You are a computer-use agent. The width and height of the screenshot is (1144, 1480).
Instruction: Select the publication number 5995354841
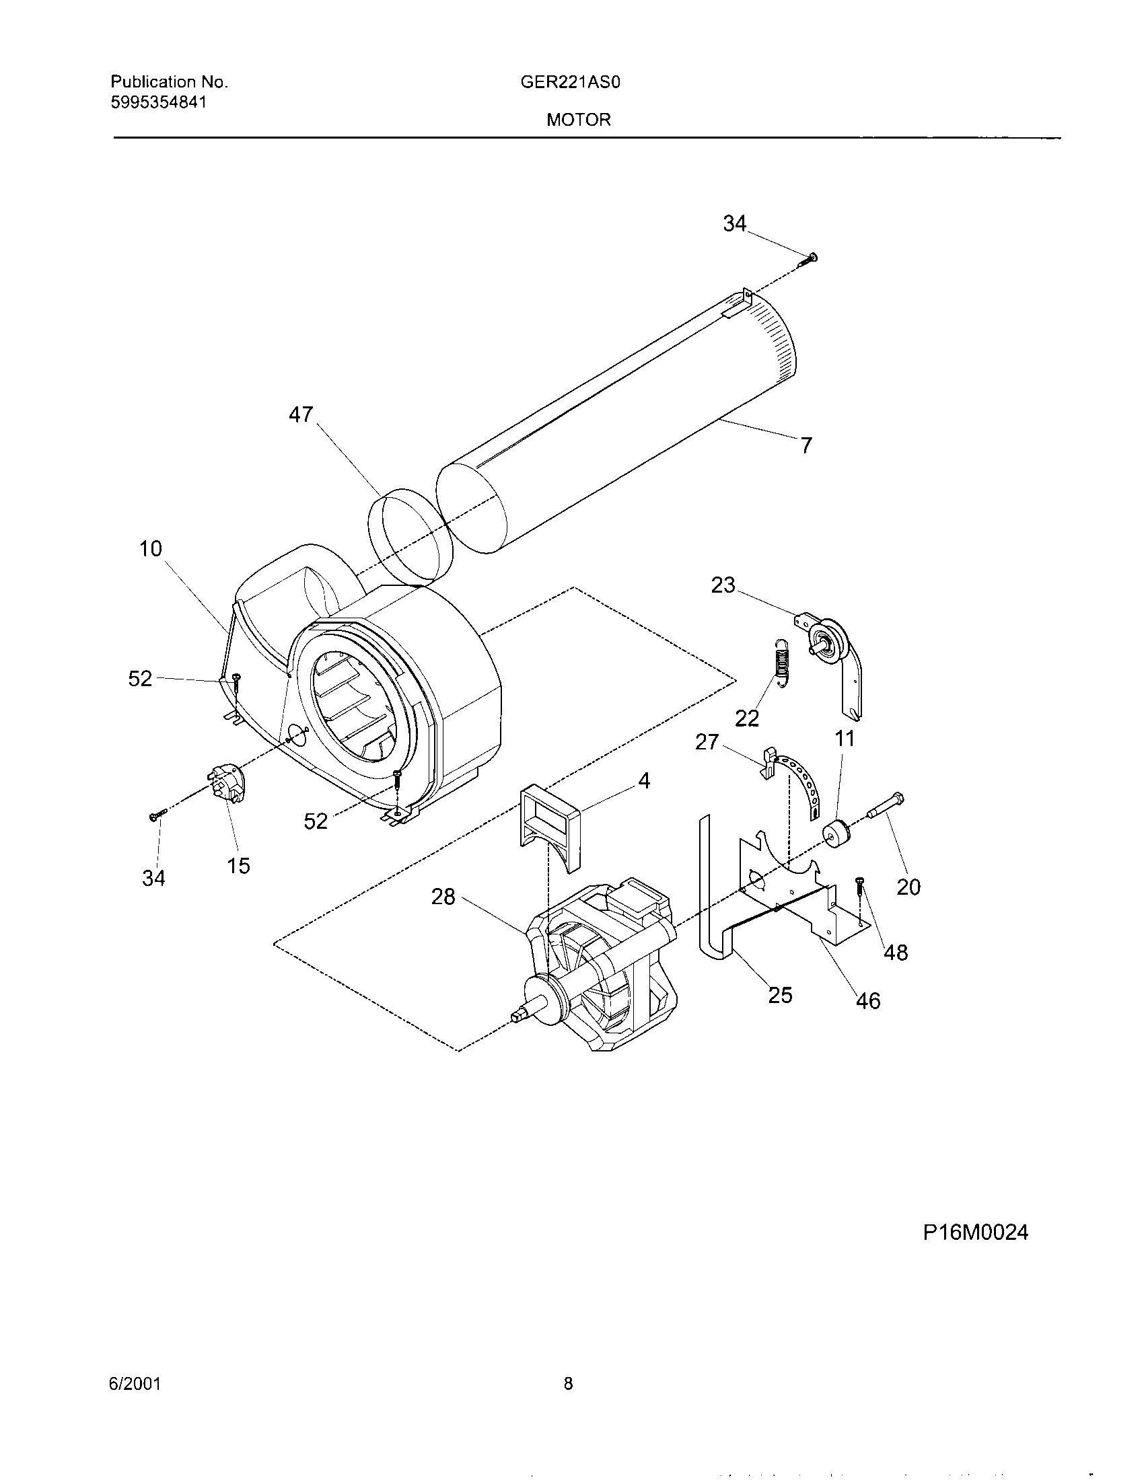coord(159,102)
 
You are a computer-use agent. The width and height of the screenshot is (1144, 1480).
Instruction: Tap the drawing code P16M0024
coord(975,1232)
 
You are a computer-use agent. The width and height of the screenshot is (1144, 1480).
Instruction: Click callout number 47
coord(301,414)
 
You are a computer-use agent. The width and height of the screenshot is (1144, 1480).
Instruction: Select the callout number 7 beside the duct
coord(805,445)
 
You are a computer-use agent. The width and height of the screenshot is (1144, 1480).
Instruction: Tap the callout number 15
coord(239,865)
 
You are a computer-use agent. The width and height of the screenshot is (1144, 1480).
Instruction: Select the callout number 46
coord(868,1000)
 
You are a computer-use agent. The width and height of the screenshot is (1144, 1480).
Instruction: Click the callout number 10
coord(151,548)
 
